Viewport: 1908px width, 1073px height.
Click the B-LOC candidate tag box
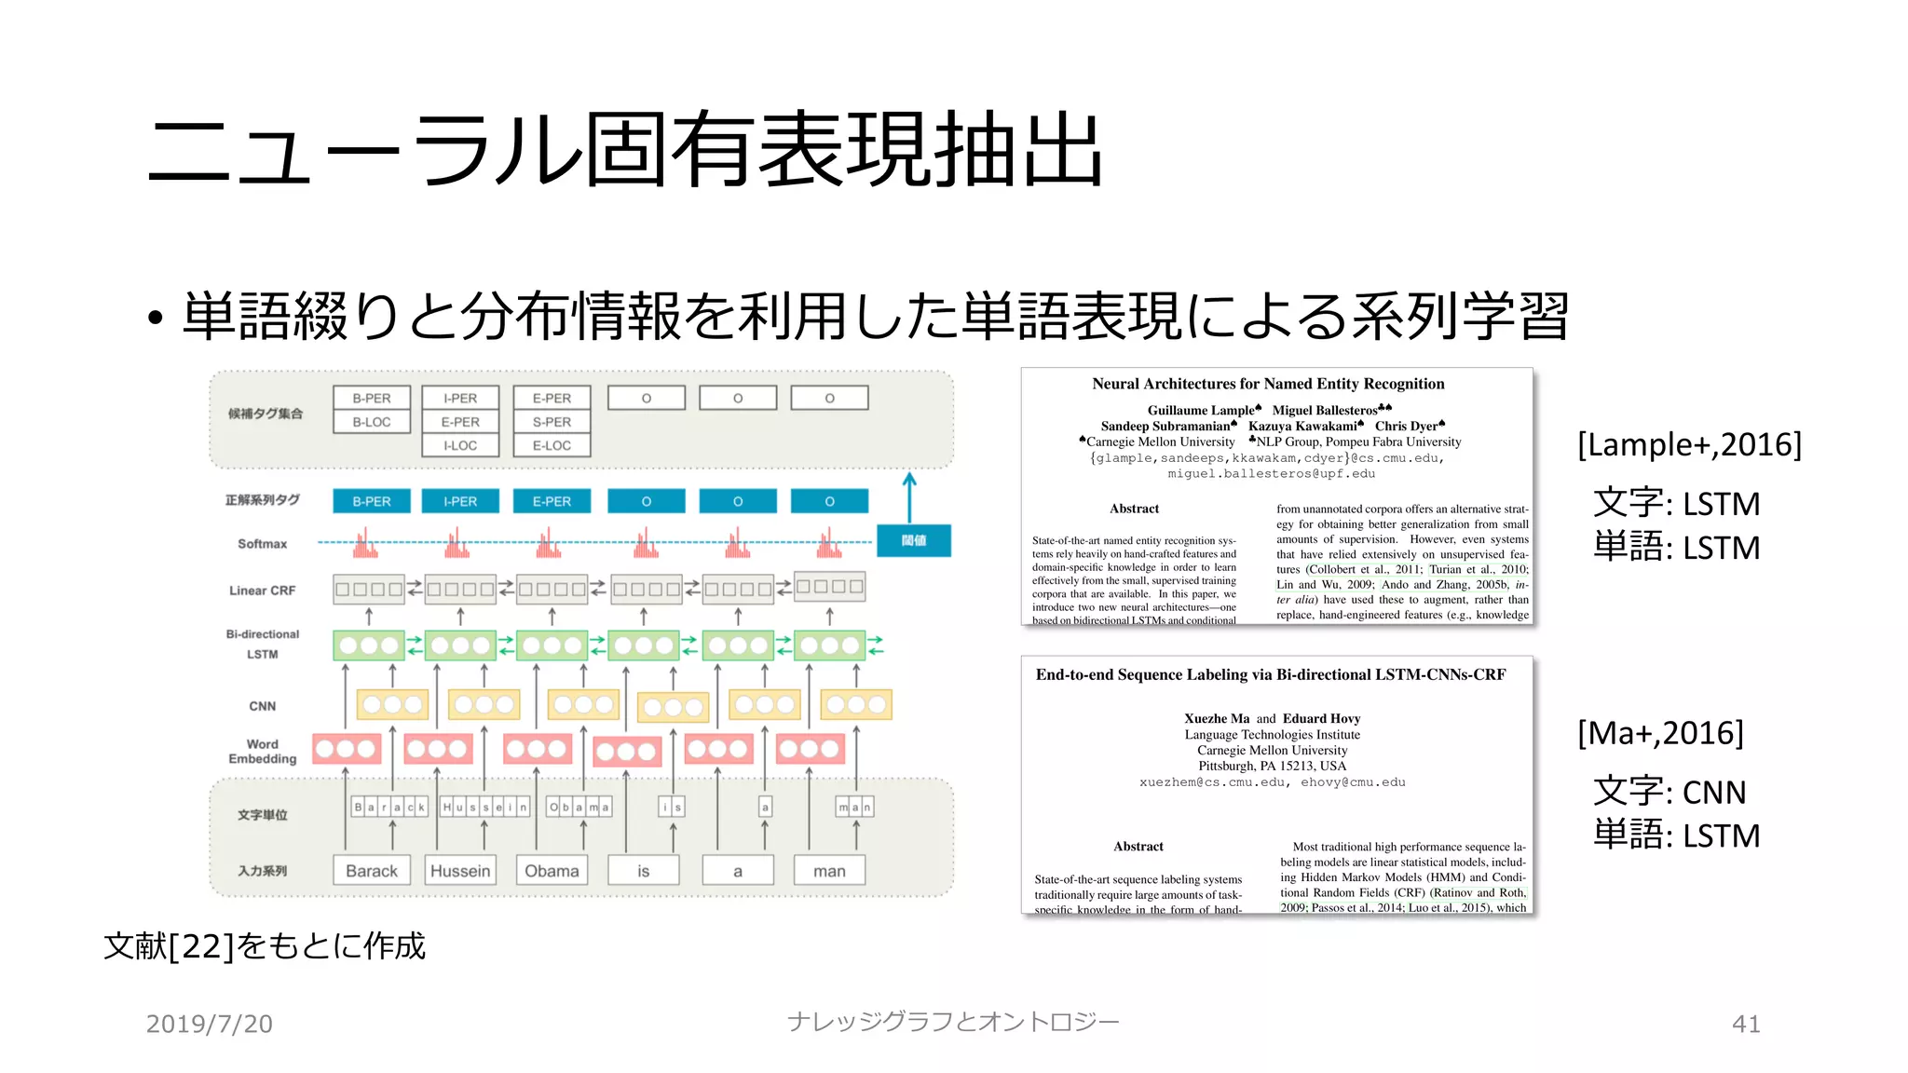pos(371,422)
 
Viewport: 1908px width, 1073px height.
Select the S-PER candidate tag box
pos(552,422)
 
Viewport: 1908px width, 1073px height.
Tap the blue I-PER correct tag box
pos(460,501)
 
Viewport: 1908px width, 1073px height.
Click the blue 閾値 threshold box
pos(913,540)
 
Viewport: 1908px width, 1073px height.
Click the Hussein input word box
pos(460,871)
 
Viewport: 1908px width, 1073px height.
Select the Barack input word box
pos(371,871)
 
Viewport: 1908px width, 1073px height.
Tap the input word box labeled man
pos(829,871)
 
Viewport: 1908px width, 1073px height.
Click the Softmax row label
pos(262,544)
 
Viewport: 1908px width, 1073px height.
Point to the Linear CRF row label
pos(262,591)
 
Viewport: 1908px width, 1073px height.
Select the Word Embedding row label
pos(262,752)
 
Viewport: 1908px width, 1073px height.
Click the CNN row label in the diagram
pos(262,706)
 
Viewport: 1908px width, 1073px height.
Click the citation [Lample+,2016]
pos(1689,444)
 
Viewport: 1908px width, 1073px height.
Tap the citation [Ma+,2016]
pos(1659,733)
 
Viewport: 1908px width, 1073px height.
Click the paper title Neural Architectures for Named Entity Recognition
pos(1268,384)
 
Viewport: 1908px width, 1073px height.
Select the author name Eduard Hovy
pos(1321,718)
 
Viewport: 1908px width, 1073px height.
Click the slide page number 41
pos(1746,1024)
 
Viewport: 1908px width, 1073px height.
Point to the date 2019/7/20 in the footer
pos(210,1024)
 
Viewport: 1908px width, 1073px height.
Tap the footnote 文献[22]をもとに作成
pos(265,946)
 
